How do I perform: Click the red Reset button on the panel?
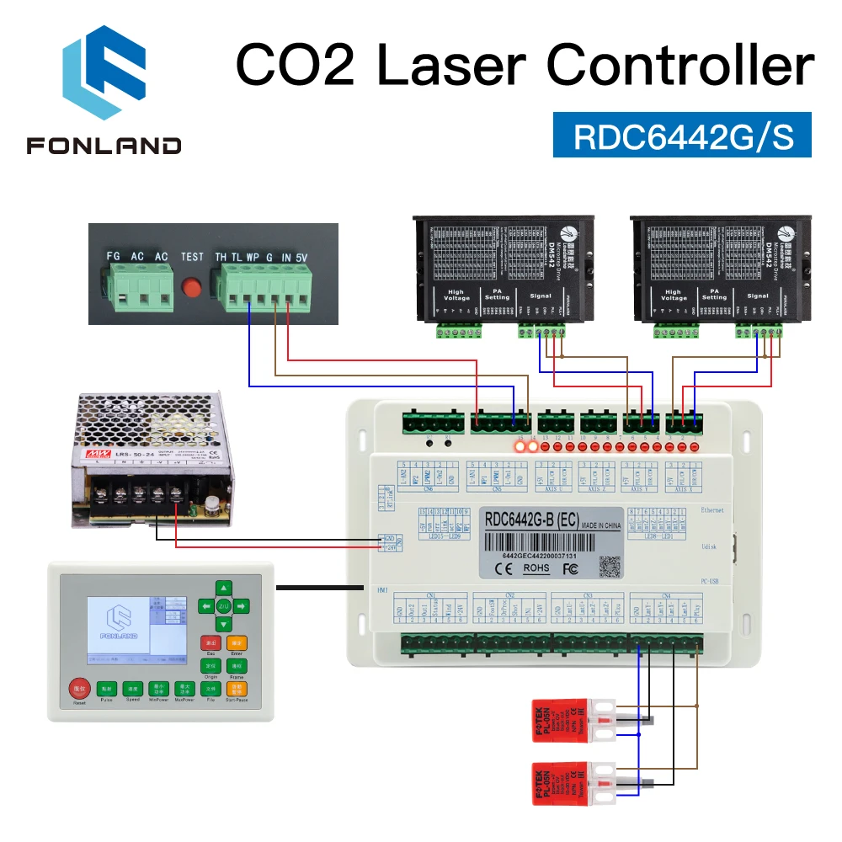click(x=78, y=689)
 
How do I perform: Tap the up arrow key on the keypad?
click(x=223, y=588)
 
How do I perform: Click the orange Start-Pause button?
click(x=237, y=688)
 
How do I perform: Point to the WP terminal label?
click(x=252, y=257)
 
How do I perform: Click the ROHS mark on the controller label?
click(x=536, y=568)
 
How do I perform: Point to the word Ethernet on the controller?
click(x=711, y=510)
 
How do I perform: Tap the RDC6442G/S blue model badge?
click(x=682, y=136)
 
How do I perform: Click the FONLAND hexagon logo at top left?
click(x=104, y=75)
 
